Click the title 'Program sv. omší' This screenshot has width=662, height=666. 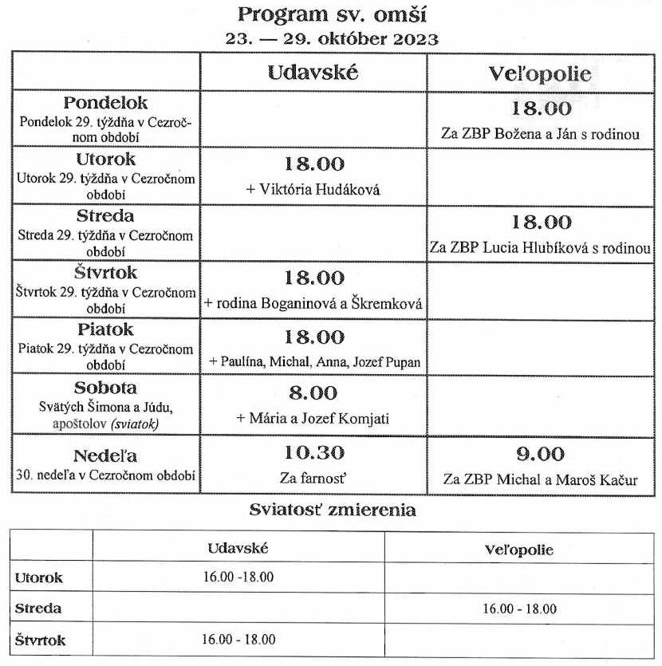coord(331,14)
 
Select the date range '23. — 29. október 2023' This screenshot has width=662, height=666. coord(331,38)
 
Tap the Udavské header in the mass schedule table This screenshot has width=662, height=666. coord(313,73)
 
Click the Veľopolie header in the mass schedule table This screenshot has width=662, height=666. coord(540,74)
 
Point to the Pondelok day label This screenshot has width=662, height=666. coord(106,104)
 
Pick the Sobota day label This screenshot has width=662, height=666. coord(106,388)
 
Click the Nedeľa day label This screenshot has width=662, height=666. coord(106,455)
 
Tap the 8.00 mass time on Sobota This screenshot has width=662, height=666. coord(313,393)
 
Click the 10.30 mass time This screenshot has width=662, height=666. coord(313,453)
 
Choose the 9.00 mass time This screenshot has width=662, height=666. coord(540,455)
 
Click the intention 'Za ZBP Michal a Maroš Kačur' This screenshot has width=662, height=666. coord(540,481)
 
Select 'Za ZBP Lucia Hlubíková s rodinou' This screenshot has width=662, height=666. coord(540,248)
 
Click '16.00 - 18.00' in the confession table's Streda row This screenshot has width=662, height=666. coord(519,609)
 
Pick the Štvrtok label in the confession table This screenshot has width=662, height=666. coord(41,640)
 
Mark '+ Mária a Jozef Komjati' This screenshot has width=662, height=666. coord(313,419)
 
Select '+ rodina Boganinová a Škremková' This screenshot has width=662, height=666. coord(313,304)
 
